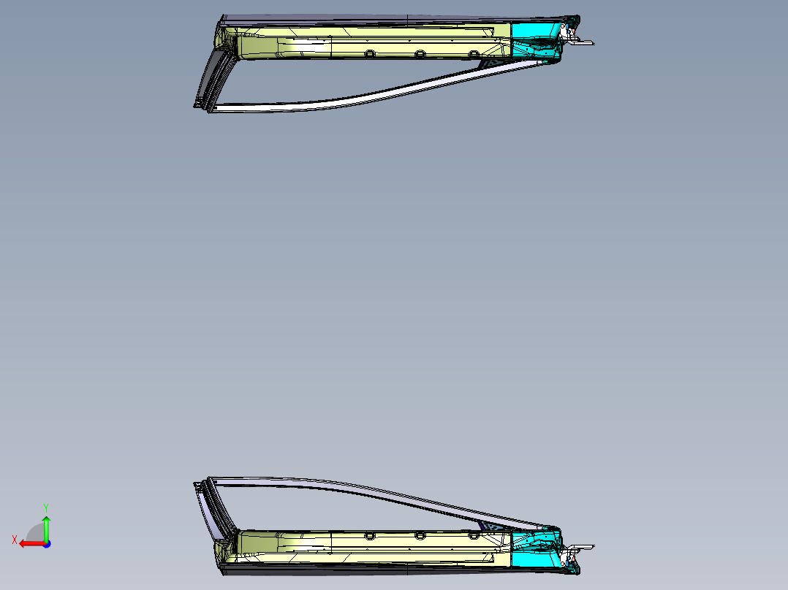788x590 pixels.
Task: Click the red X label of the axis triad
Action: tap(15, 540)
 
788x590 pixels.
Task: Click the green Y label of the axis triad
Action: tap(46, 508)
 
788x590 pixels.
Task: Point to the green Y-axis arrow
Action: tap(46, 528)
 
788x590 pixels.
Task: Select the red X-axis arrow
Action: tap(32, 544)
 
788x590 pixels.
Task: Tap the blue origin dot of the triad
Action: tap(47, 544)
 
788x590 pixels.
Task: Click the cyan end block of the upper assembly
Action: tap(536, 39)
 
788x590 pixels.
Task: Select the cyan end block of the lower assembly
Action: tap(536, 550)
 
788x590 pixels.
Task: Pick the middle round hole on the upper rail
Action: tap(420, 54)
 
